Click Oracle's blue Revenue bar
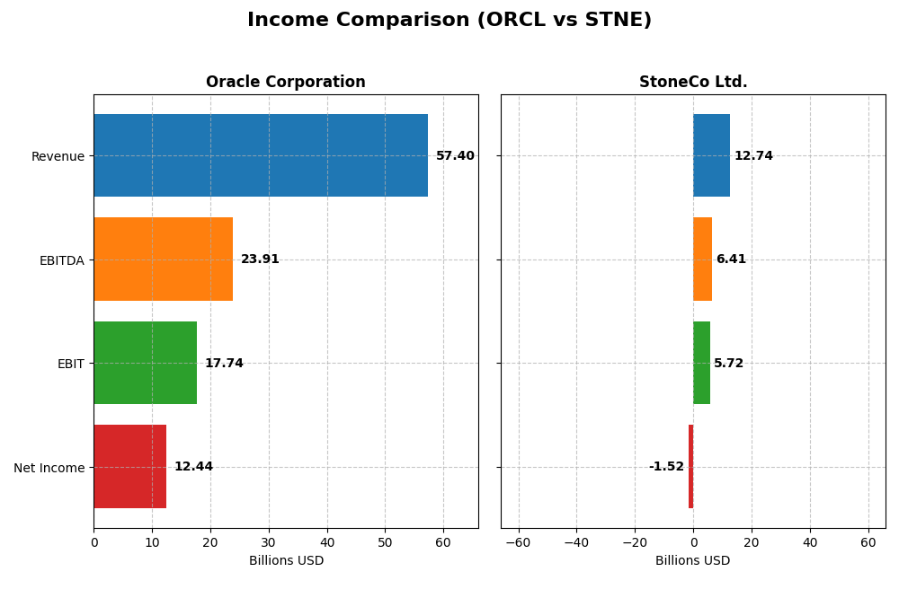point(261,155)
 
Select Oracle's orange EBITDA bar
point(163,259)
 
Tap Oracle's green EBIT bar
point(145,363)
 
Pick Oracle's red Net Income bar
point(129,466)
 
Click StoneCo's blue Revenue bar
point(711,155)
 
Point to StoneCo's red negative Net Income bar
point(690,466)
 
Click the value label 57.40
point(455,156)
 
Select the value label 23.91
point(260,259)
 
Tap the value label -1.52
point(666,467)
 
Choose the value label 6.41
point(731,259)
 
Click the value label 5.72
point(728,364)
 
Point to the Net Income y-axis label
point(49,468)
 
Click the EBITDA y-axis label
point(61,260)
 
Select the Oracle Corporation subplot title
point(285,83)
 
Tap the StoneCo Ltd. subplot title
point(693,83)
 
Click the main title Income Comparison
point(449,21)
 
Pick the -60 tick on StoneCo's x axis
point(518,542)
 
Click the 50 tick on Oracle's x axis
point(385,542)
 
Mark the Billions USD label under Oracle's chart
point(286,560)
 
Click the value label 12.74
point(753,156)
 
